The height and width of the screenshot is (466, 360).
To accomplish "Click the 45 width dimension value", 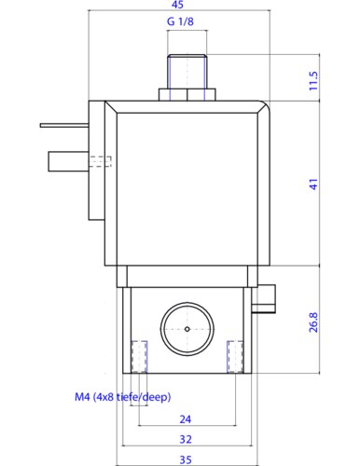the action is pos(177,5).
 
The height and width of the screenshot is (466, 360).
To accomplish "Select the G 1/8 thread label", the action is pos(180,21).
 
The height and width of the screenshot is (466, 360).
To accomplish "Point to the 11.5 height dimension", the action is pos(313,81).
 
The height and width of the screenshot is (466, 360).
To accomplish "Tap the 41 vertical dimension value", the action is pos(313,184).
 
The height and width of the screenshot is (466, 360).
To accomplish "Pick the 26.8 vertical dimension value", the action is pos(313,322).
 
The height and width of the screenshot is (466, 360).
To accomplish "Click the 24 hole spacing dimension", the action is pos(186,419).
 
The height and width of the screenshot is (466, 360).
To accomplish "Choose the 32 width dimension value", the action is pos(186,439).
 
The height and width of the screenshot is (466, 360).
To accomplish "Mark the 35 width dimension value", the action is pos(186,459).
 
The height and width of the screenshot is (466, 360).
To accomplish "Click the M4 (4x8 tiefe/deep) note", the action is pos(123,397).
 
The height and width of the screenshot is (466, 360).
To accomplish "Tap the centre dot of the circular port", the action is pos(187,329).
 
